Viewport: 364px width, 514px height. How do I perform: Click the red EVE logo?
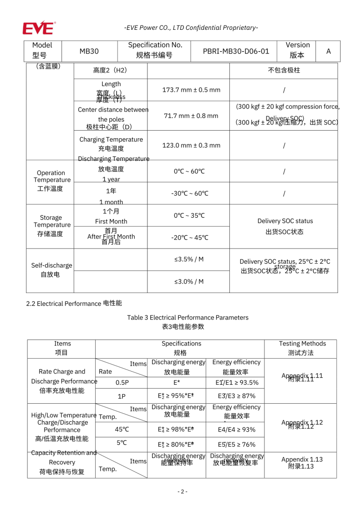click(38, 27)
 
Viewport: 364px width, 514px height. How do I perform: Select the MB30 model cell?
click(89, 51)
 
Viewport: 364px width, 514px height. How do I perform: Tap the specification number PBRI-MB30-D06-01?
click(236, 51)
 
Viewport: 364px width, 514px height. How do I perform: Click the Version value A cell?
click(328, 51)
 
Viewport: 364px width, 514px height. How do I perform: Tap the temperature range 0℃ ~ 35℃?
click(188, 215)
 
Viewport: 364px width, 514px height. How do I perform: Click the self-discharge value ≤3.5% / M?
click(189, 259)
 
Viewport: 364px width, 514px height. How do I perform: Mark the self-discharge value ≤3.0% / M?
click(189, 282)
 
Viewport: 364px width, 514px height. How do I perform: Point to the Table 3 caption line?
click(188, 318)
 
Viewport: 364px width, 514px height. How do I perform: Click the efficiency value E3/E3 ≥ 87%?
click(237, 396)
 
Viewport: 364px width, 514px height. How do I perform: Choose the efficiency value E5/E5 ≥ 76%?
click(237, 444)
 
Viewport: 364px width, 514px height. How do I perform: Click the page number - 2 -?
click(182, 491)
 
